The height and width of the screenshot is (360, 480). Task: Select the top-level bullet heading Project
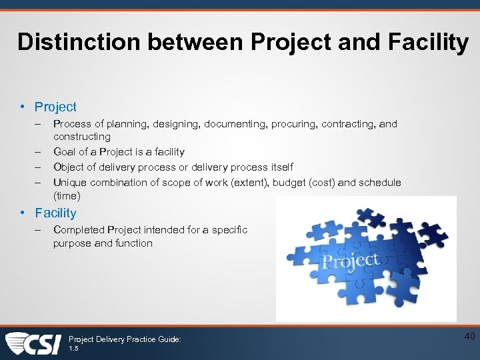pyautogui.click(x=55, y=107)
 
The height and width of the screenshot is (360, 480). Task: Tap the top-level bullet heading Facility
pyautogui.click(x=55, y=213)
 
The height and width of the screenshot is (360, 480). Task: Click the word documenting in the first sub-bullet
pyautogui.click(x=232, y=124)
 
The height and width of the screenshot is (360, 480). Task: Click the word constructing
pyautogui.click(x=81, y=137)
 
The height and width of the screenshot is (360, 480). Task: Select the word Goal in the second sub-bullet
pyautogui.click(x=65, y=152)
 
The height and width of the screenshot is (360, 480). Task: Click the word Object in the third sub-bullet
pyautogui.click(x=69, y=167)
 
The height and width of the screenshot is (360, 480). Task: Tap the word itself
pyautogui.click(x=277, y=167)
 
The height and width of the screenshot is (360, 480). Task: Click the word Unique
pyautogui.click(x=70, y=183)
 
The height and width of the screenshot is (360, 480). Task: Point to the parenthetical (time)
pyautogui.click(x=67, y=196)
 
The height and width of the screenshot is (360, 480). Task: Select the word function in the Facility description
pyautogui.click(x=134, y=243)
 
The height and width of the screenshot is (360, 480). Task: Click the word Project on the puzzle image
pyautogui.click(x=351, y=260)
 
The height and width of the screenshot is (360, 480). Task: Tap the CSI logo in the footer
pyautogui.click(x=33, y=343)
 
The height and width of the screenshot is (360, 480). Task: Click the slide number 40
pyautogui.click(x=469, y=337)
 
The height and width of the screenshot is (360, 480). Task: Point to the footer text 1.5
pyautogui.click(x=73, y=349)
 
